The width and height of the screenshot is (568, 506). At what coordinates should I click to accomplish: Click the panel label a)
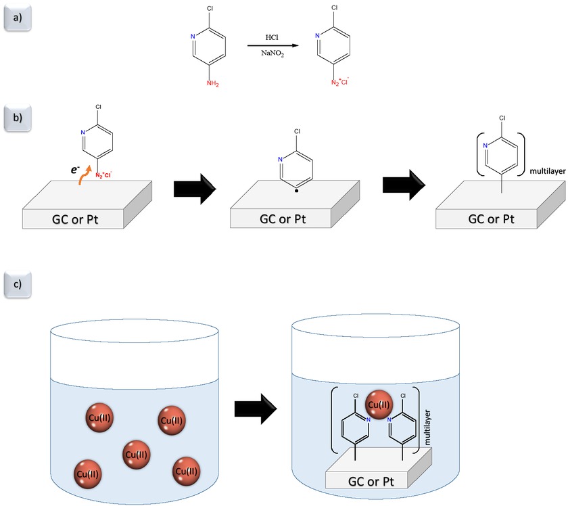(18, 18)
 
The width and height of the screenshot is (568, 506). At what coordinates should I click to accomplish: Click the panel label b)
(18, 118)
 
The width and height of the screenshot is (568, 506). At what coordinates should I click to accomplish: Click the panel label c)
(18, 284)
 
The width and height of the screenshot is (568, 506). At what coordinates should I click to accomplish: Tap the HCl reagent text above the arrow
(272, 37)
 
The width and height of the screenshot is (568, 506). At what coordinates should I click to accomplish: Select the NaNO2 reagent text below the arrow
(273, 53)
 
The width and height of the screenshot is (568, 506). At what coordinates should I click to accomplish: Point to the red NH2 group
(212, 84)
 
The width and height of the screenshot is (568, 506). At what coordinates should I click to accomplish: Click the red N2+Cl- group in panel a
(339, 82)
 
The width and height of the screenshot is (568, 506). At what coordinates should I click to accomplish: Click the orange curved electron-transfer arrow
(85, 175)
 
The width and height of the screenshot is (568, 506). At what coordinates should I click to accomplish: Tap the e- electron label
(75, 169)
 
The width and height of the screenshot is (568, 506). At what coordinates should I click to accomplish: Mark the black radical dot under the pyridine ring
(297, 191)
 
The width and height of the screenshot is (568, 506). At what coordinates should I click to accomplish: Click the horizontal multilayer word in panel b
(547, 171)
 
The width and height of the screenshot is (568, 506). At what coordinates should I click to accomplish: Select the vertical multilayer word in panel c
(427, 428)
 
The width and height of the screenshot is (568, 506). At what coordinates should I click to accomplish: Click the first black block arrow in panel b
(195, 189)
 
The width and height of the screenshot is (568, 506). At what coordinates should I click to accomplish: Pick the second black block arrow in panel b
(404, 185)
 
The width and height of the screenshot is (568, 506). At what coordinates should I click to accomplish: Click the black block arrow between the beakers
(256, 409)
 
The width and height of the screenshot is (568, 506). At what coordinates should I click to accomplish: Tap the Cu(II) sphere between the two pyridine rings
(379, 405)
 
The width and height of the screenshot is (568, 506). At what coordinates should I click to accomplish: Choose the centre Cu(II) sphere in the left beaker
(136, 455)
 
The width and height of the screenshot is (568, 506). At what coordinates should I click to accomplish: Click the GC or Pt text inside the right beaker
(371, 482)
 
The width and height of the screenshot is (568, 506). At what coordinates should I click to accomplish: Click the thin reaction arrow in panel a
(273, 46)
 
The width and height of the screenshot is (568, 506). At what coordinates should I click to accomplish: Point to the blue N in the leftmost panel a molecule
(193, 37)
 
